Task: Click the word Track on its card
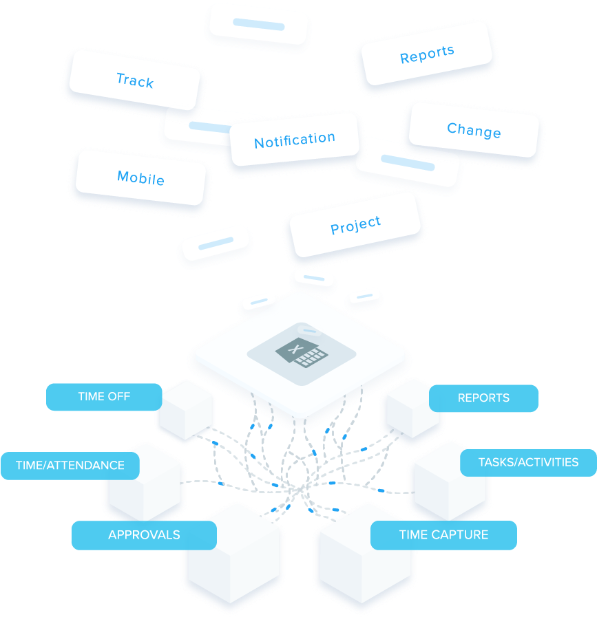pos(135,80)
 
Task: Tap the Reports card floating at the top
pos(427,55)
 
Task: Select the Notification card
pos(295,140)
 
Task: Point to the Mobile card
pos(141,178)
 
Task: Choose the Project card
pos(355,225)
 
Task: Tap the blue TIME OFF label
pos(104,396)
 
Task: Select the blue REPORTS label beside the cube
pos(483,398)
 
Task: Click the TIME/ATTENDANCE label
pos(70,466)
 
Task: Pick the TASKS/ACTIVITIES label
pos(528,462)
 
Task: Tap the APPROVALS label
pos(144,534)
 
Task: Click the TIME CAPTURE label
pos(443,534)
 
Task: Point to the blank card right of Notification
pos(408,163)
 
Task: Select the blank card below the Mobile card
pos(215,244)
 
